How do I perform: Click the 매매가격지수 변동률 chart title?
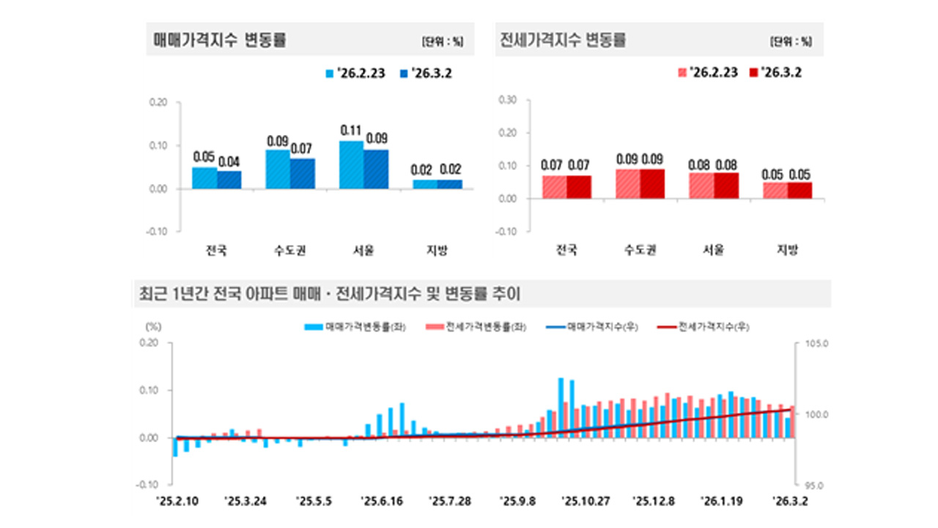tap(219, 41)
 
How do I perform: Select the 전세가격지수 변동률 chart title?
tap(562, 41)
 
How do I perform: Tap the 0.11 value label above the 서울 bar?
tap(351, 131)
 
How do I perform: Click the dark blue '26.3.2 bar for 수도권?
tap(302, 174)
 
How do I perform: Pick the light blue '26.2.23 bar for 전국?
tap(204, 178)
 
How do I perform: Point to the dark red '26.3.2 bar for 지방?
tap(800, 190)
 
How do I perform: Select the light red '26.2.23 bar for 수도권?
tap(627, 183)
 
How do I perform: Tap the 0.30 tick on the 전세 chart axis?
tap(508, 100)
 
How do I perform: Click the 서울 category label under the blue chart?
tap(363, 251)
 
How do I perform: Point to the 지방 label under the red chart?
tap(787, 251)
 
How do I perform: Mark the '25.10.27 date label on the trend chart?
tap(586, 502)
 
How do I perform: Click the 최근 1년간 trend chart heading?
tap(329, 293)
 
